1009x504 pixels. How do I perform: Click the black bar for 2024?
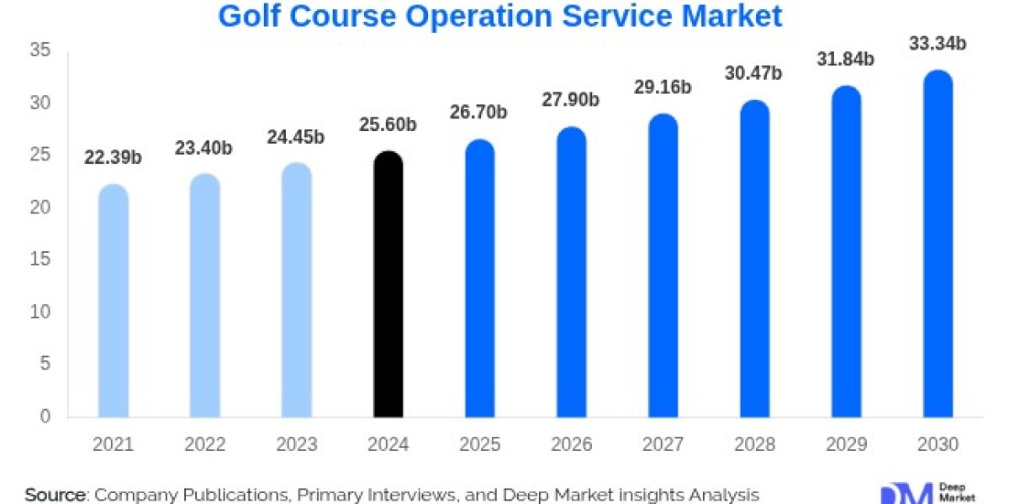[388, 286]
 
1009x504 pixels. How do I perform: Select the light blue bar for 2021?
[114, 302]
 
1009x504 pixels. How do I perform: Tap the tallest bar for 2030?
[938, 244]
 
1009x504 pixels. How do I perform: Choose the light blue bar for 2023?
[296, 291]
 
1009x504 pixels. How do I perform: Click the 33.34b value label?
[938, 44]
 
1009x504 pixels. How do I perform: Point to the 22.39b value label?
[114, 158]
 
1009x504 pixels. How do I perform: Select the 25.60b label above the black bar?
[388, 125]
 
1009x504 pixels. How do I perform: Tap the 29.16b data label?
[663, 87]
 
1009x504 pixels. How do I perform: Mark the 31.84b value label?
[845, 59]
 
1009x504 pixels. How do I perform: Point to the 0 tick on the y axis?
[45, 417]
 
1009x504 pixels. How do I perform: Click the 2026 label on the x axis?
[571, 444]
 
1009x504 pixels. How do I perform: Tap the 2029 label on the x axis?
[845, 444]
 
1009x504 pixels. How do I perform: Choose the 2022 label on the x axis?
[204, 444]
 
